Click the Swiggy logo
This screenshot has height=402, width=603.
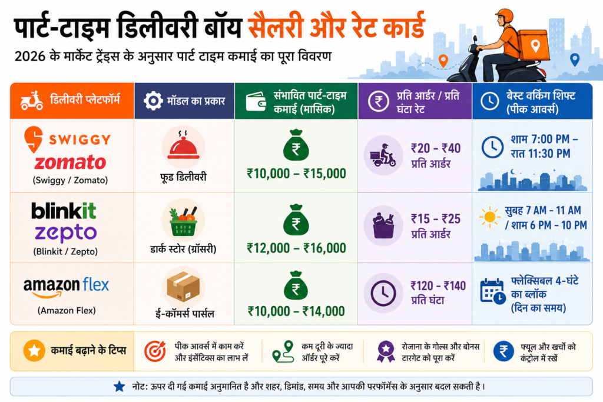point(68,139)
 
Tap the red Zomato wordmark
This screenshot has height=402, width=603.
point(71,162)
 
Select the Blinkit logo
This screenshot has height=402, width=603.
point(64,211)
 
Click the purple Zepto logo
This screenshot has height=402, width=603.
point(66,232)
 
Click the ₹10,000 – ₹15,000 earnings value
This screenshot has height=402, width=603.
point(297,174)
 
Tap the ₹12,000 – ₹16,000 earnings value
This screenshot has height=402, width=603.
point(297,248)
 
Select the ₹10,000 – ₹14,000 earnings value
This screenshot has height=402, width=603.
point(296,311)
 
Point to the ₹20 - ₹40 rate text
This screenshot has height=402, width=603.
point(436,148)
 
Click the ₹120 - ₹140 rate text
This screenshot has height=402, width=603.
point(438,286)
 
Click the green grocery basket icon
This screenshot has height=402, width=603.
point(183,222)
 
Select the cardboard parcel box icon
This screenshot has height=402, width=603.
point(183,287)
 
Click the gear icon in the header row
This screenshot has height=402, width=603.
point(153,101)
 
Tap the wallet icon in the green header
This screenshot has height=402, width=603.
point(256,101)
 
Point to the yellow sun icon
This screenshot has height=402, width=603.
point(490,217)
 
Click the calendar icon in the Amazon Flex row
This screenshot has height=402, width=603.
point(493,292)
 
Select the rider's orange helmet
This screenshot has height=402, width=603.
point(505,16)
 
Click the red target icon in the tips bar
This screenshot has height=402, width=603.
point(155,351)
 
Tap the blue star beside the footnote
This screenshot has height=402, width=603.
point(119,387)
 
